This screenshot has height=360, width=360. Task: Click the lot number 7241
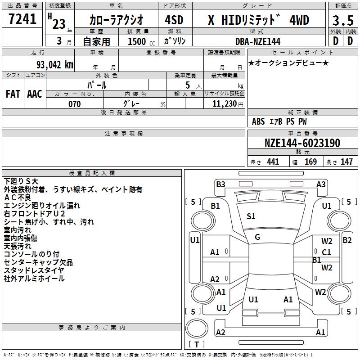click(22, 19)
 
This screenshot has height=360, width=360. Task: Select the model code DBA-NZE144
click(258, 41)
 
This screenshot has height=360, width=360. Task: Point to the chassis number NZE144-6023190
click(302, 143)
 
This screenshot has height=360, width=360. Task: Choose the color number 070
click(74, 104)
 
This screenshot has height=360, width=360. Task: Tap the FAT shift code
click(13, 94)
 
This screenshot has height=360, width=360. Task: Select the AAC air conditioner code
click(35, 94)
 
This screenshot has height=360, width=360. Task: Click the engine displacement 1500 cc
click(137, 41)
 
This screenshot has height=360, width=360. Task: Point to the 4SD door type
click(174, 21)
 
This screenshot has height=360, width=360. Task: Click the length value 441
click(273, 162)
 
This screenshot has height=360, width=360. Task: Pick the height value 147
click(346, 162)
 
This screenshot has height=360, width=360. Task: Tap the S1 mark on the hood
click(251, 216)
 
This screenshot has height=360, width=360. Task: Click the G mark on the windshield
click(257, 237)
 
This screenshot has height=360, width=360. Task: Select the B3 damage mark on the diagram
click(220, 184)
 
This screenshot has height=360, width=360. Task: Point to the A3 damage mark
click(321, 184)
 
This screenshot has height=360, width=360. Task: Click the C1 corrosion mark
click(326, 252)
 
